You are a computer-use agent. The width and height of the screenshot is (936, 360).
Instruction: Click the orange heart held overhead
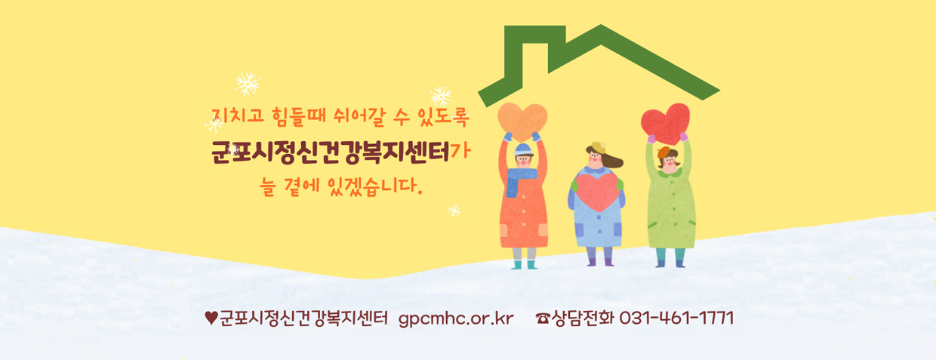[x=522, y=118]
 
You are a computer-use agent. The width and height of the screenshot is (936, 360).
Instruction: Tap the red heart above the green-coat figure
[x=665, y=121]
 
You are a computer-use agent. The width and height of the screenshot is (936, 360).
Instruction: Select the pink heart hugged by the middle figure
[x=596, y=189]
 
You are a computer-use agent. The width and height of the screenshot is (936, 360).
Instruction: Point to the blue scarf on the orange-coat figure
[x=522, y=180]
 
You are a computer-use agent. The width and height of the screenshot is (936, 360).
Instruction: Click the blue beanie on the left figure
[x=523, y=149]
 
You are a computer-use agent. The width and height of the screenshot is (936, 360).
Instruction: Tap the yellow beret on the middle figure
[x=597, y=146]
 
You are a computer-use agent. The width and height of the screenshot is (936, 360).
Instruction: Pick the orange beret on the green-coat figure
[x=664, y=152]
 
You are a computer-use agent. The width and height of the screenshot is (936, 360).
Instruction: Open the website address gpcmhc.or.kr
[x=455, y=318]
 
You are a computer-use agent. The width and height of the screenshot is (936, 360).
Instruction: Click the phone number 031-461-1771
[x=676, y=318]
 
